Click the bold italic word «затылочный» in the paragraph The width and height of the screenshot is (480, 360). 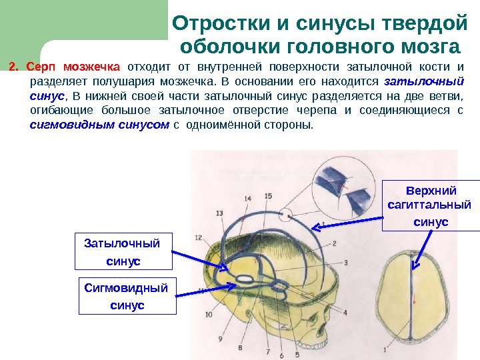click(425, 81)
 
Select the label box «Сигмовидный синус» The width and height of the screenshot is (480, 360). click(127, 296)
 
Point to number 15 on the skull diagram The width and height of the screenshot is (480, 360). click(268, 195)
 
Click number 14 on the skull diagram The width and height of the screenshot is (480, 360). click(248, 198)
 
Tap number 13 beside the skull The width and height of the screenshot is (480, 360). click(219, 212)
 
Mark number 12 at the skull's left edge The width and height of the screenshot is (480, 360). click(199, 237)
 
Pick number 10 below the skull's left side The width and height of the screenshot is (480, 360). click(209, 314)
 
